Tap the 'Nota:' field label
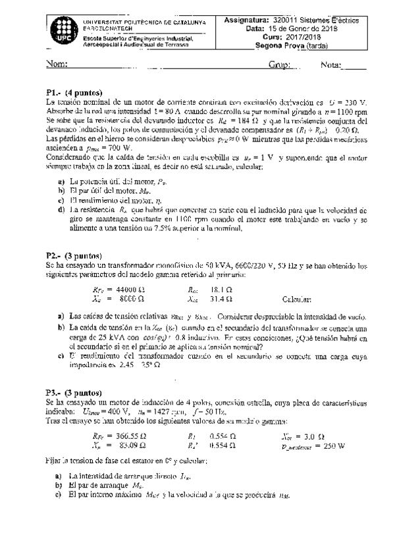[x=332, y=65]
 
